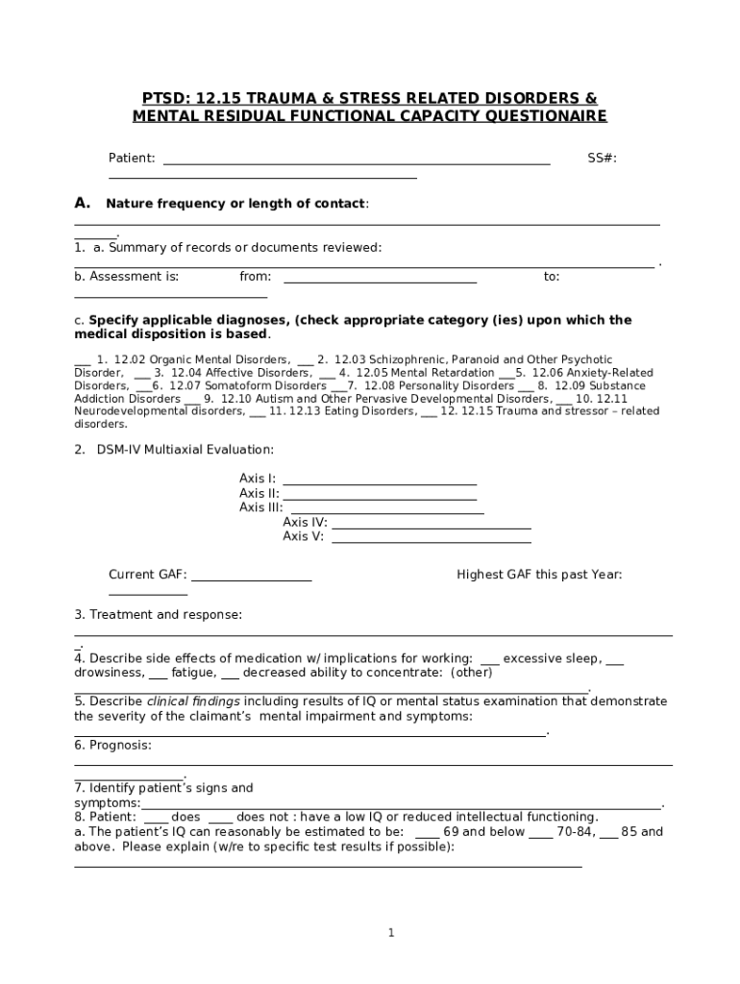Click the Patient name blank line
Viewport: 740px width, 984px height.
[357, 163]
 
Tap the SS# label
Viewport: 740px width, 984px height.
[602, 158]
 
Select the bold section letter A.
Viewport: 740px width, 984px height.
[83, 203]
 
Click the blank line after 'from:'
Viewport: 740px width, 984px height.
[381, 282]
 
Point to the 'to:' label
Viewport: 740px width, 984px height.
[552, 277]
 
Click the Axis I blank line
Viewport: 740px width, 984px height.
[381, 483]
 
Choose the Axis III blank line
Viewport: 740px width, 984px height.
[386, 513]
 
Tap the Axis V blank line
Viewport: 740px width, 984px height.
[432, 542]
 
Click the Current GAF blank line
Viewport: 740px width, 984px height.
[252, 580]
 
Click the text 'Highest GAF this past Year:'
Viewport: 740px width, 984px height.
[539, 575]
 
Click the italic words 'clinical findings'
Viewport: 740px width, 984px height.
[193, 701]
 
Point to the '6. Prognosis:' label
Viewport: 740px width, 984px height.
[112, 745]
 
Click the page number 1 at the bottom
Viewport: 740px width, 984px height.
[391, 932]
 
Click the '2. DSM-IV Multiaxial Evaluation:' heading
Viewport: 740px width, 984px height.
[174, 449]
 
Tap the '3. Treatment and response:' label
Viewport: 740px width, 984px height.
[159, 614]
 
